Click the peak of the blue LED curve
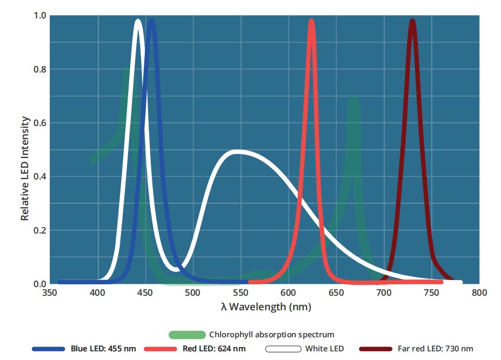click(151, 22)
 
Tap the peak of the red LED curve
click(311, 22)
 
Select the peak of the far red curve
click(412, 22)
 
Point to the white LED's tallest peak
click(138, 22)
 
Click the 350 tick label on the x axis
click(50, 293)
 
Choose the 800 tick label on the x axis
click(479, 293)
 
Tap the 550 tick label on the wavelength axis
click(241, 293)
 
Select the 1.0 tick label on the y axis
click(39, 16)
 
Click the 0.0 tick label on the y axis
click(39, 284)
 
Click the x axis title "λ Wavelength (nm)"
click(266, 307)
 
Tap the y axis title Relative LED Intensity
click(24, 169)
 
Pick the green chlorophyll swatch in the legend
click(187, 335)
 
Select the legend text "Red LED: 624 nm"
click(215, 349)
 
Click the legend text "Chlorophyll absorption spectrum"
click(271, 335)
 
